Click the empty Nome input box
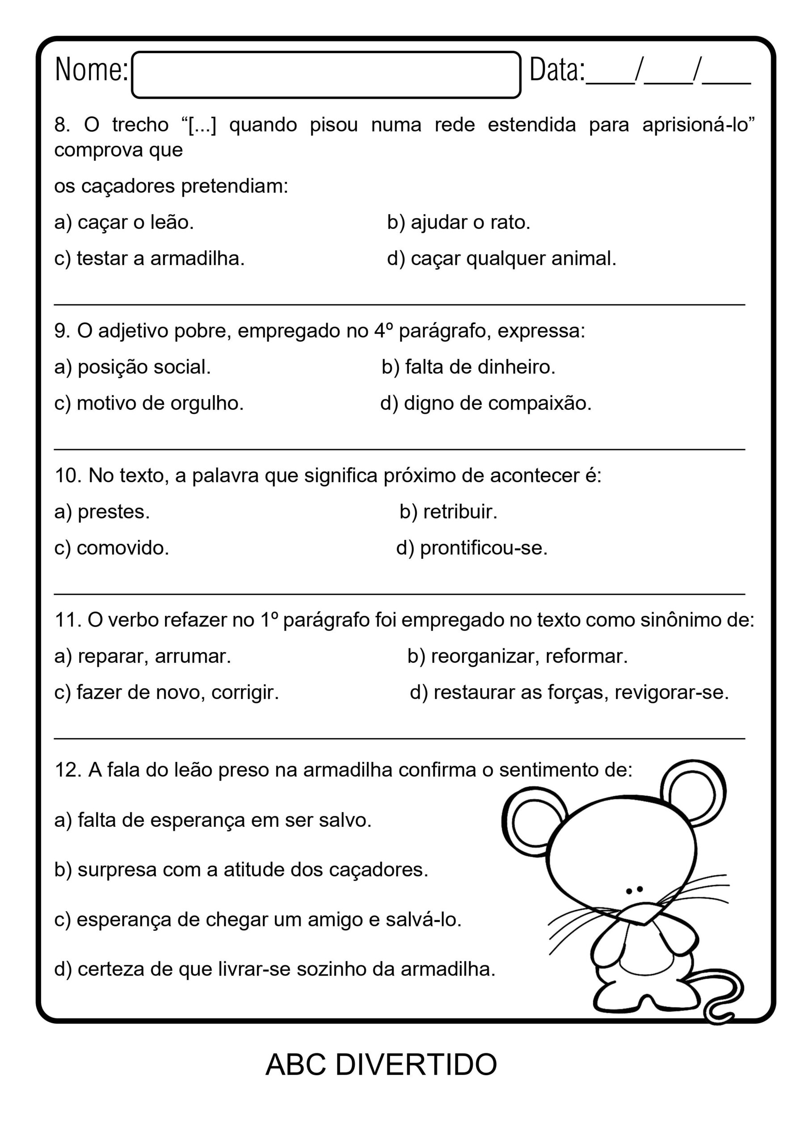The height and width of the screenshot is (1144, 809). (x=326, y=75)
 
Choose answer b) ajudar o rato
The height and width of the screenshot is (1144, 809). (x=458, y=222)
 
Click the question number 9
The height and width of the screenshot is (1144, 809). (x=62, y=331)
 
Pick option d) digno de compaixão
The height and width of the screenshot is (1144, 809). (x=485, y=403)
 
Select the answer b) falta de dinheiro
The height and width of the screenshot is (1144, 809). (x=468, y=367)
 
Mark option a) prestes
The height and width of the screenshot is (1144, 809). (x=102, y=512)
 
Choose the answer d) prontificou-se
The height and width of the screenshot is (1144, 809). (x=472, y=548)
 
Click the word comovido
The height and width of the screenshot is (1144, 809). (x=122, y=548)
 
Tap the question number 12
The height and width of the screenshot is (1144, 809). (x=67, y=770)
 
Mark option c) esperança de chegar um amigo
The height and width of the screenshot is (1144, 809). (x=258, y=920)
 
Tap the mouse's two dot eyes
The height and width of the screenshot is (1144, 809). (x=634, y=889)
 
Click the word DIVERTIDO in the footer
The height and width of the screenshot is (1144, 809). (x=416, y=1065)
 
